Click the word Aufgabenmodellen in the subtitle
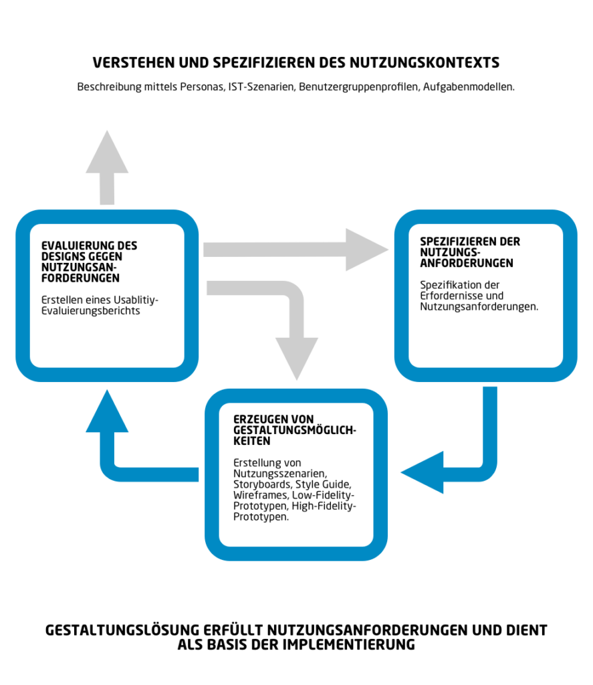point(469,87)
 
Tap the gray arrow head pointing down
point(297,359)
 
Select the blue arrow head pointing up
point(107,411)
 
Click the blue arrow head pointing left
point(422,472)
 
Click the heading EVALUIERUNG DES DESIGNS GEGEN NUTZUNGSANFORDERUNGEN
point(89,262)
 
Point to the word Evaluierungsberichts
point(91,311)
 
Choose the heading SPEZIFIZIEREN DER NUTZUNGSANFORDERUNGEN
point(470,252)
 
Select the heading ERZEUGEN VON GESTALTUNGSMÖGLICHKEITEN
point(295,430)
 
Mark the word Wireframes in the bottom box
point(261,496)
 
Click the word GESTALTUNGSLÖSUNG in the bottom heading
point(122,630)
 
